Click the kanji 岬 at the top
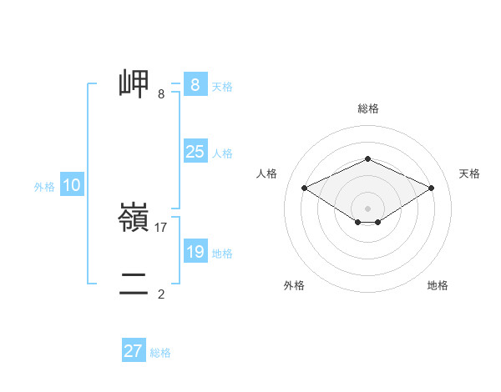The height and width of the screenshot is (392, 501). [x=134, y=84]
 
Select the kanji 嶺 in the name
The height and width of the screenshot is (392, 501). [x=134, y=219]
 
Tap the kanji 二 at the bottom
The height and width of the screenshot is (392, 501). [x=134, y=284]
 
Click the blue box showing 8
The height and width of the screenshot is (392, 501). [x=195, y=85]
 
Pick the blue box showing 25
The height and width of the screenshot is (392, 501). [x=195, y=152]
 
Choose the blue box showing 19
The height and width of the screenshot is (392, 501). [x=195, y=252]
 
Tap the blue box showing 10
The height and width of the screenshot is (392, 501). [x=72, y=186]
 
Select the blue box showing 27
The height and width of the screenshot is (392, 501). [x=134, y=351]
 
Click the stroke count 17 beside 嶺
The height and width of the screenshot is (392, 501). [x=161, y=227]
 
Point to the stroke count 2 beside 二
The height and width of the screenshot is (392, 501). [x=161, y=294]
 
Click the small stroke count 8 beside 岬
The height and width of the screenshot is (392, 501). [x=161, y=93]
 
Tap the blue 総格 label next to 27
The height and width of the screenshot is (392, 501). [x=160, y=353]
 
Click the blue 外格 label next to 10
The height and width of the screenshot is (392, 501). [x=44, y=188]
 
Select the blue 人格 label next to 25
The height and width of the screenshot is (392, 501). [x=222, y=153]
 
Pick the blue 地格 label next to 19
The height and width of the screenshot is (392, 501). [x=222, y=254]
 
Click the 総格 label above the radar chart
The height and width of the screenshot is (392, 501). [x=367, y=108]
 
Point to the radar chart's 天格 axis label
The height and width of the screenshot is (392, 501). [x=469, y=173]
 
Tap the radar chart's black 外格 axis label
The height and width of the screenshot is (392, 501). [x=294, y=285]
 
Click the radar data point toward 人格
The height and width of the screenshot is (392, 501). [x=305, y=188]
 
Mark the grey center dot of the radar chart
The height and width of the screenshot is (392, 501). [x=367, y=208]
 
